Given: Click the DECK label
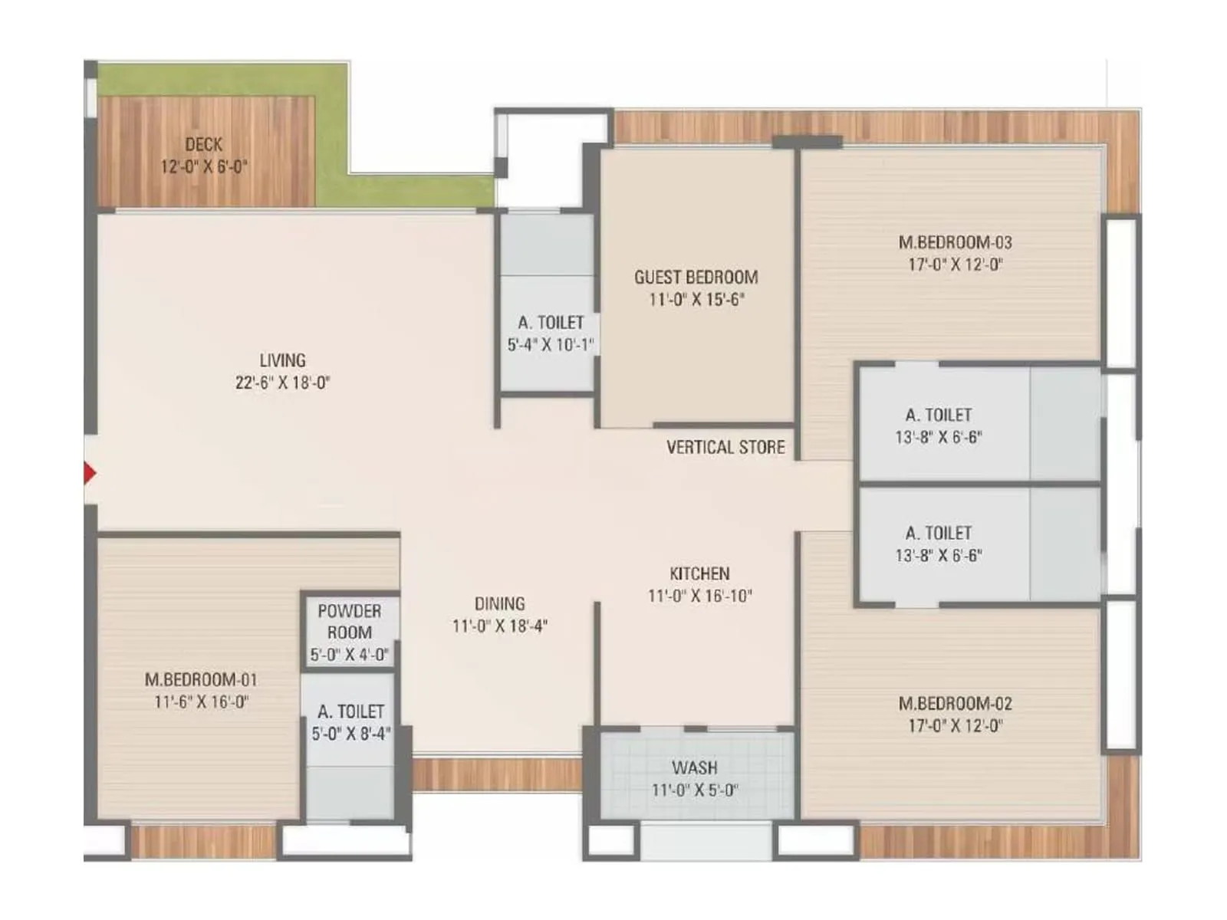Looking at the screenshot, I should tap(203, 144).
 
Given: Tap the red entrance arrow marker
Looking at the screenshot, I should tap(89, 474).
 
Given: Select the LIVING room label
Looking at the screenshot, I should tap(282, 360).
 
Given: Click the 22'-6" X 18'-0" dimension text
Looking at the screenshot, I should tap(282, 383).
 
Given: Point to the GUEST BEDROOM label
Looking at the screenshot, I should tap(696, 277).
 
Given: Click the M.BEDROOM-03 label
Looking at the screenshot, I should tap(955, 242).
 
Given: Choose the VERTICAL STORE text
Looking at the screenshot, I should tap(725, 447).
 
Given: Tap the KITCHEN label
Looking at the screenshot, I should tap(699, 573).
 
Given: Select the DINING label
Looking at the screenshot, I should tap(499, 603).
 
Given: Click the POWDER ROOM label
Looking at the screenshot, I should tap(350, 622).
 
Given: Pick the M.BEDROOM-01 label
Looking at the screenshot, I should tap(201, 679).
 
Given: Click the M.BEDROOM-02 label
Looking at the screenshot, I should tap(955, 703).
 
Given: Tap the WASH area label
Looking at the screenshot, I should tap(695, 767).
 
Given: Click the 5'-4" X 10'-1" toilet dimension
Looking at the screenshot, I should tap(550, 345).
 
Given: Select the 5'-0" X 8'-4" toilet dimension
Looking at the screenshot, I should tap(350, 734).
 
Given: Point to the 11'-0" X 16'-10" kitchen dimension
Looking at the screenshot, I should tap(699, 596).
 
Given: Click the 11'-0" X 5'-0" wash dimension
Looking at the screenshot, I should tap(695, 790).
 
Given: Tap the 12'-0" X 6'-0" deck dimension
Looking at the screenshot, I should tap(203, 166).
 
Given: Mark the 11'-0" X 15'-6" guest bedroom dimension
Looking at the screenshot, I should tap(696, 299).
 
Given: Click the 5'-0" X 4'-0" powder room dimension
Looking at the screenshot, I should tap(350, 655).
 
